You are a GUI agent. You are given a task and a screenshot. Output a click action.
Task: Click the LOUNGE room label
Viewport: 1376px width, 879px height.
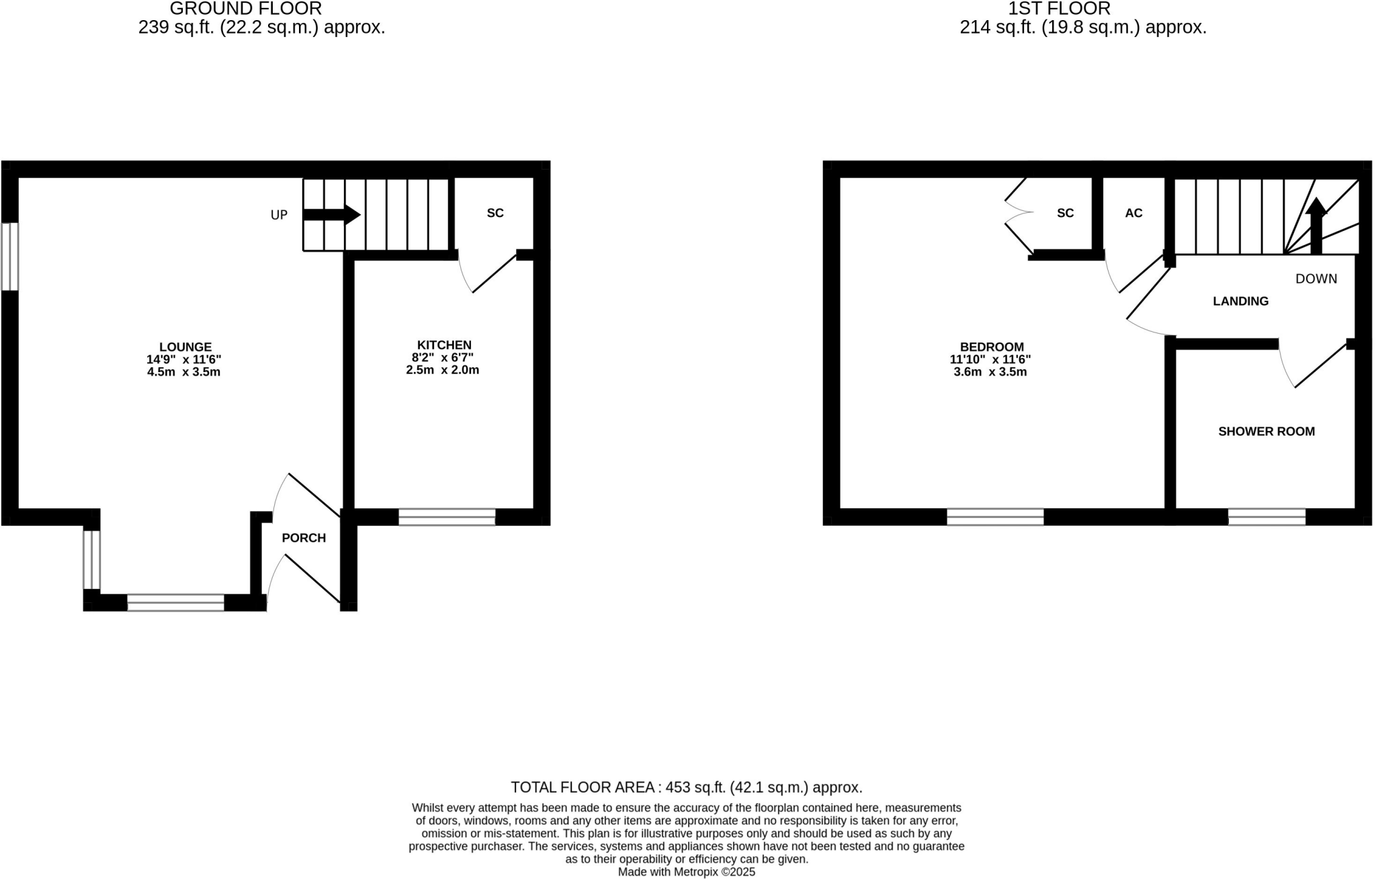(185, 347)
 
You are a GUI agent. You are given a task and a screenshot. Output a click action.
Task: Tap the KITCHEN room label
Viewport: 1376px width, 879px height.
(444, 345)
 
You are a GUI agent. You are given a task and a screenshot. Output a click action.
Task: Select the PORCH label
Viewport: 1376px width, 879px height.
(304, 538)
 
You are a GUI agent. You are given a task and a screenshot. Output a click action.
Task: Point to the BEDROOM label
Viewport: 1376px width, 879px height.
(992, 347)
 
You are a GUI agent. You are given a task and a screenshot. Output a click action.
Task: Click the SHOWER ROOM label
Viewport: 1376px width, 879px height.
(1266, 431)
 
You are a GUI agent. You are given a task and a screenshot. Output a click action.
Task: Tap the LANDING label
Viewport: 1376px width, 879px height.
(1240, 302)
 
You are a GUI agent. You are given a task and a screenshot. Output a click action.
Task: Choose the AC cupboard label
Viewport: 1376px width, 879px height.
(1133, 213)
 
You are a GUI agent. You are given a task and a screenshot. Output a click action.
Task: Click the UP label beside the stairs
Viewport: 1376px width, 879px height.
(279, 215)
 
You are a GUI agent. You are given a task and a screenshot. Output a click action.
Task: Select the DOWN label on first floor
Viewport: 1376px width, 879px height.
(1316, 279)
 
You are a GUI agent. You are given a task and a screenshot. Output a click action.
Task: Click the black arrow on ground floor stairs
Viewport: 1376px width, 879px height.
(332, 215)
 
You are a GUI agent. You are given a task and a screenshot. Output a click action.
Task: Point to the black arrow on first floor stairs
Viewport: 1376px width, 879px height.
(1316, 225)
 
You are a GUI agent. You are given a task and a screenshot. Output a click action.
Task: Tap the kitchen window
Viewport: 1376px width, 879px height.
(447, 517)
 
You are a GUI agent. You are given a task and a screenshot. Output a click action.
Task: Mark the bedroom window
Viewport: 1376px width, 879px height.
(995, 517)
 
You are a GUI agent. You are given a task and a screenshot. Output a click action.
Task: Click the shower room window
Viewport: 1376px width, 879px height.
(1266, 517)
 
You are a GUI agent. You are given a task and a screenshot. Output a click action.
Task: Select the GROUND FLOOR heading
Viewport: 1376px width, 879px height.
(246, 9)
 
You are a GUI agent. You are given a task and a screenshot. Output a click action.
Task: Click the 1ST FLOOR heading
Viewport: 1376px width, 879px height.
(1060, 9)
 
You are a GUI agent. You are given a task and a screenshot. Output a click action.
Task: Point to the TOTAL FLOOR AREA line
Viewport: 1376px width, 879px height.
(686, 787)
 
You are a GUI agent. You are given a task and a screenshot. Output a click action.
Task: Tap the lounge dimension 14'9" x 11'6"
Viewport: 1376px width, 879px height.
(184, 359)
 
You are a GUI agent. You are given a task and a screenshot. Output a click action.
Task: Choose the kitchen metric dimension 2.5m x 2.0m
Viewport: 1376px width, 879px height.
(442, 370)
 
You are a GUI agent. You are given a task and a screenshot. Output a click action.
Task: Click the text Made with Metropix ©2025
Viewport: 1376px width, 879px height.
(686, 872)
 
